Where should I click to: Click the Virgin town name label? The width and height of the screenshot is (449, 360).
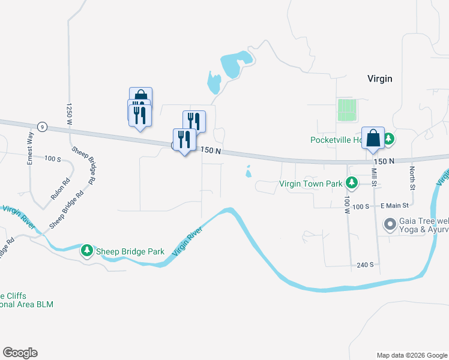(379, 79)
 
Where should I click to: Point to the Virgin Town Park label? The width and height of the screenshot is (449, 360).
(310, 184)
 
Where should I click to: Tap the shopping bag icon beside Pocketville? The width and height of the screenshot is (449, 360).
(373, 137)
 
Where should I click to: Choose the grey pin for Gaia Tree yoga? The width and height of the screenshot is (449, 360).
(390, 224)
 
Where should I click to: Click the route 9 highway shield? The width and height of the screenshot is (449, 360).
(41, 127)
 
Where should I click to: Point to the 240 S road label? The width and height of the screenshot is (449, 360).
(365, 265)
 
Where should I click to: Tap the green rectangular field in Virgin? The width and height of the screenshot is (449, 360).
(347, 110)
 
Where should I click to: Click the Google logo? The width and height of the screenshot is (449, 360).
(20, 353)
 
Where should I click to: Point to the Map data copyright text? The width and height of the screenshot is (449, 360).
(412, 355)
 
